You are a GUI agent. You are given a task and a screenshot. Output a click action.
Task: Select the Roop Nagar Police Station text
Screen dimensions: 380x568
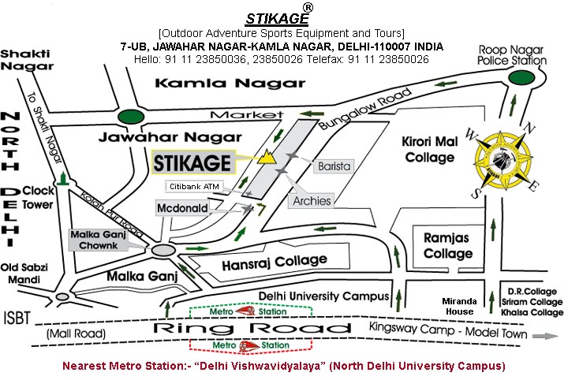click(512, 54)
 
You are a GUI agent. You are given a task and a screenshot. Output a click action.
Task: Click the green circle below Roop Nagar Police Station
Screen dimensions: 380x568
click(519, 78)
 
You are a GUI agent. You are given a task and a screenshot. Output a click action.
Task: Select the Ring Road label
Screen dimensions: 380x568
click(205, 328)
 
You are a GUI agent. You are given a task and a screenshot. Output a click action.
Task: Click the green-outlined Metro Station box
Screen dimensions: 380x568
click(252, 310)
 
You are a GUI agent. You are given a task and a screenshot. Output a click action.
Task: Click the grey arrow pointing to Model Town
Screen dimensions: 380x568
click(540, 334)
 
